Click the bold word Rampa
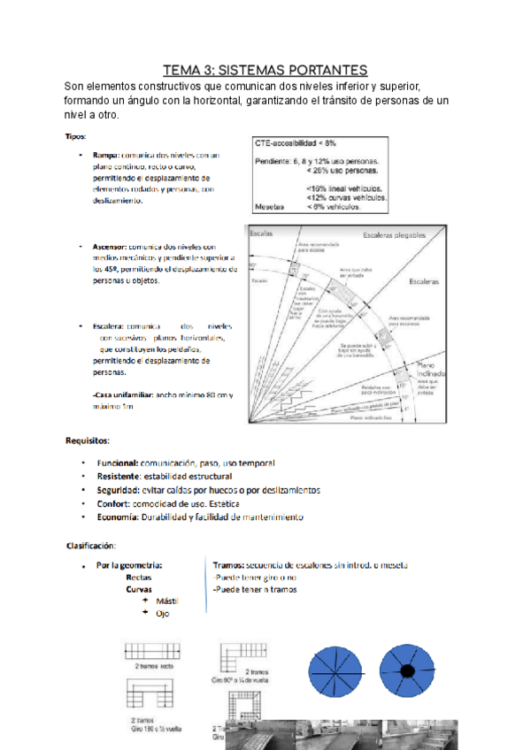[107, 155]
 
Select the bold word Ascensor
[111, 247]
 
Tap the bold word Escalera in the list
[109, 326]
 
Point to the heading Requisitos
[88, 440]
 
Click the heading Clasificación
[91, 544]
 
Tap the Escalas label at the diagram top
[262, 232]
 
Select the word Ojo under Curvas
[162, 613]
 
